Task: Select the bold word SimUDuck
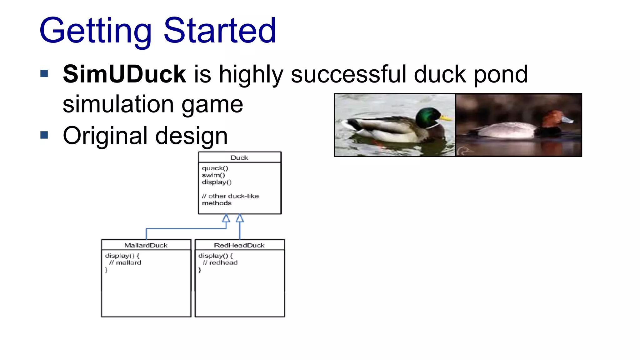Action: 124,74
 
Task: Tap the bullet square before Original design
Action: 44,135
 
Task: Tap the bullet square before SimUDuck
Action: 44,74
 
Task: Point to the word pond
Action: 501,75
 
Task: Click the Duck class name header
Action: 239,158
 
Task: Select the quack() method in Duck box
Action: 215,168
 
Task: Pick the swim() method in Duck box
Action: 213,175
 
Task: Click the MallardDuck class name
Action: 146,245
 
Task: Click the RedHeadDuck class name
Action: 239,245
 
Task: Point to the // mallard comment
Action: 125,263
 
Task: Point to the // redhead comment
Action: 220,263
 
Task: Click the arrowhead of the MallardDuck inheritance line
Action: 226,218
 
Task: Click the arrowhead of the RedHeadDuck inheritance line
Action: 240,218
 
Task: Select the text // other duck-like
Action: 231,196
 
